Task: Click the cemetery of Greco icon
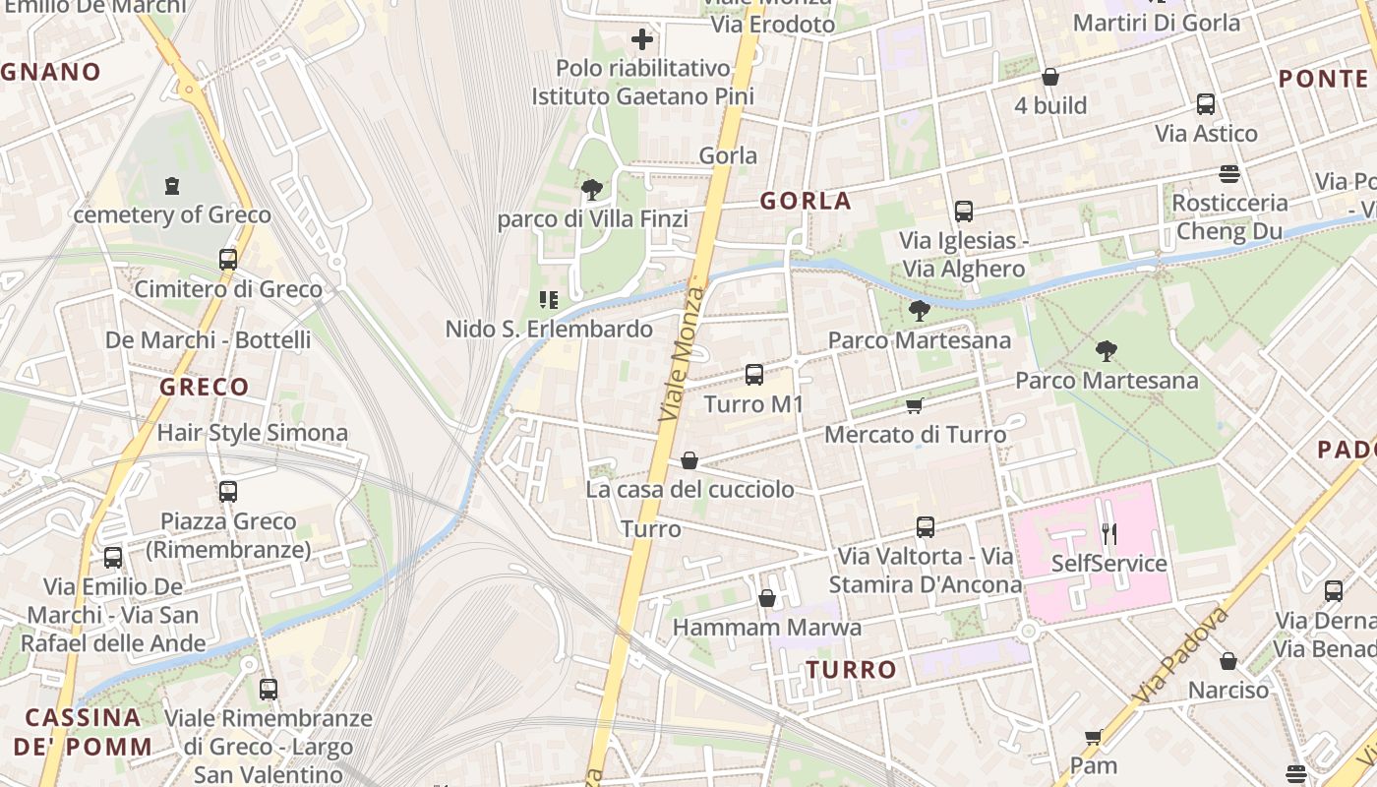pos(172,185)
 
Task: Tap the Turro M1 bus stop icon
pos(754,374)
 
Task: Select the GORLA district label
pos(806,201)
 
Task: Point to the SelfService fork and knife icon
pos(1109,534)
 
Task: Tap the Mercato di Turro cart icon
pos(915,405)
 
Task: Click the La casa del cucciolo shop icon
pos(689,460)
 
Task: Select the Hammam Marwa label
pos(766,628)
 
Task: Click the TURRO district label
pos(851,670)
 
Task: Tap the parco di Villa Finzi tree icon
pos(592,189)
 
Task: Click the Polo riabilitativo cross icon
pos(642,39)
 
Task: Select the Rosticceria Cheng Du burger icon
pos(1228,174)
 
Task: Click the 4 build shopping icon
pos(1050,77)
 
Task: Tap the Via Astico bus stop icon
pos(1206,104)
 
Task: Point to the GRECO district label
pos(205,387)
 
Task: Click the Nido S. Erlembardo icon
pos(549,299)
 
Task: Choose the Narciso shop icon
pos(1228,661)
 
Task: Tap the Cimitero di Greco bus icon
pos(228,260)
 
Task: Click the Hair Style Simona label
pos(253,433)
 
